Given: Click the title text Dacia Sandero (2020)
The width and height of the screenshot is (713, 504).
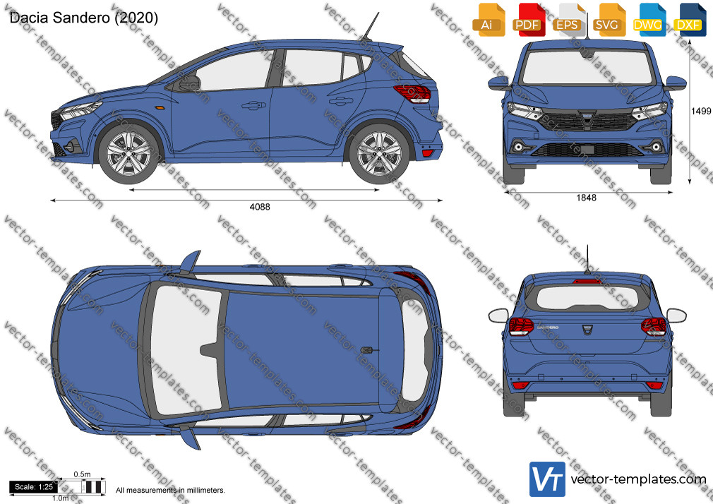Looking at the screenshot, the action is (x=84, y=18).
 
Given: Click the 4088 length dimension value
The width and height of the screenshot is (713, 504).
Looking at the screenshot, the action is (x=260, y=207).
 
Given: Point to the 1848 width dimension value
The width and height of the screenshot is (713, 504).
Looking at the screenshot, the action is (x=586, y=198).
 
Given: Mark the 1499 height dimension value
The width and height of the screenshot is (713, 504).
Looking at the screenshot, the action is (x=701, y=111).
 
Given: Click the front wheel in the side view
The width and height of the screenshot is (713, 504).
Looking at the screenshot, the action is (x=128, y=154).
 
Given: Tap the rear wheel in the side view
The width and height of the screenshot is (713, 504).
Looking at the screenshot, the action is (x=379, y=154).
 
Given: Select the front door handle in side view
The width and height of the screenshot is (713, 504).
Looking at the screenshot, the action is (x=253, y=106).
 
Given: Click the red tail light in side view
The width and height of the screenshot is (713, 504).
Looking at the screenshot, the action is (x=412, y=94).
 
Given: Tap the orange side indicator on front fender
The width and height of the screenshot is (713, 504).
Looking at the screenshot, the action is (x=159, y=108).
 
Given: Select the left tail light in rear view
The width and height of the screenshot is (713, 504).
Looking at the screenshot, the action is (x=521, y=327).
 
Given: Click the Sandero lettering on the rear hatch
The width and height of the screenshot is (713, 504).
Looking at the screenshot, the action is (x=548, y=327).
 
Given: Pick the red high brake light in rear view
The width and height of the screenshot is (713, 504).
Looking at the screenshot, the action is (x=587, y=282).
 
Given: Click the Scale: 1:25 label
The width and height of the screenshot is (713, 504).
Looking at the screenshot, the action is (x=34, y=487).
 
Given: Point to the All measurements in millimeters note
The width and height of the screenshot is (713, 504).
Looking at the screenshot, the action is (x=170, y=491).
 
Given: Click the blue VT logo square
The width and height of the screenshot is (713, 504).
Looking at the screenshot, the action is (x=548, y=479).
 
